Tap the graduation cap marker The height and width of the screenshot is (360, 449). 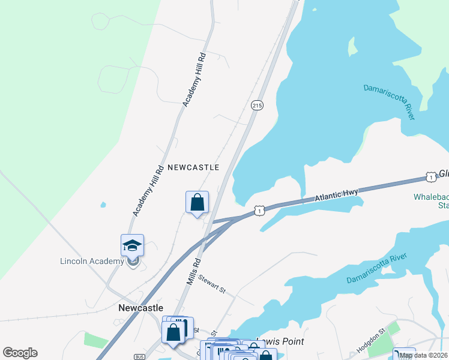132,245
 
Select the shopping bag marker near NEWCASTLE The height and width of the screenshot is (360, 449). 197,203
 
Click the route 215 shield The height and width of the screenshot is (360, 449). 257,106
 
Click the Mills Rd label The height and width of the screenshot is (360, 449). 193,272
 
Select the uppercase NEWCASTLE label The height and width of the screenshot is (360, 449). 193,167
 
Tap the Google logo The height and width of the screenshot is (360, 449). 20,353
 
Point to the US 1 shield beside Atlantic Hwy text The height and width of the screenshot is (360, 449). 430,176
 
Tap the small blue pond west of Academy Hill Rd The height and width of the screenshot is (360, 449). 103,205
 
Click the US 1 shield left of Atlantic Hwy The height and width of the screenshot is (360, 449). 259,211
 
